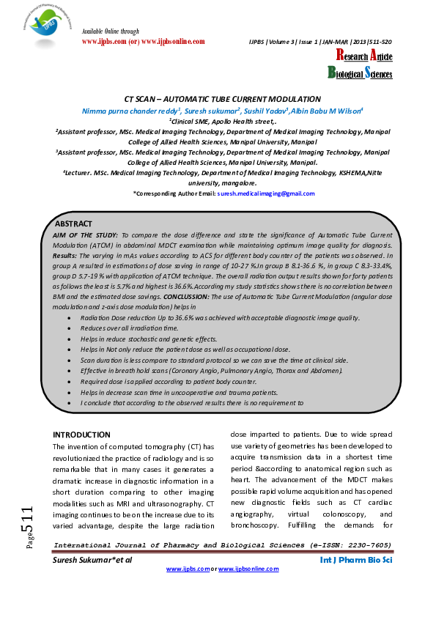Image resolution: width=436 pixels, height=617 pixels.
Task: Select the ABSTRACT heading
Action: (x=74, y=223)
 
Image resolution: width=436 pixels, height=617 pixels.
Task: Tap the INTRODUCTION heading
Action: (x=82, y=435)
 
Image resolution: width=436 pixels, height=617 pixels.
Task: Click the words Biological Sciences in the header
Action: (x=359, y=73)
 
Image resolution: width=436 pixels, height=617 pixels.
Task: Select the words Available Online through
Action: (x=109, y=32)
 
